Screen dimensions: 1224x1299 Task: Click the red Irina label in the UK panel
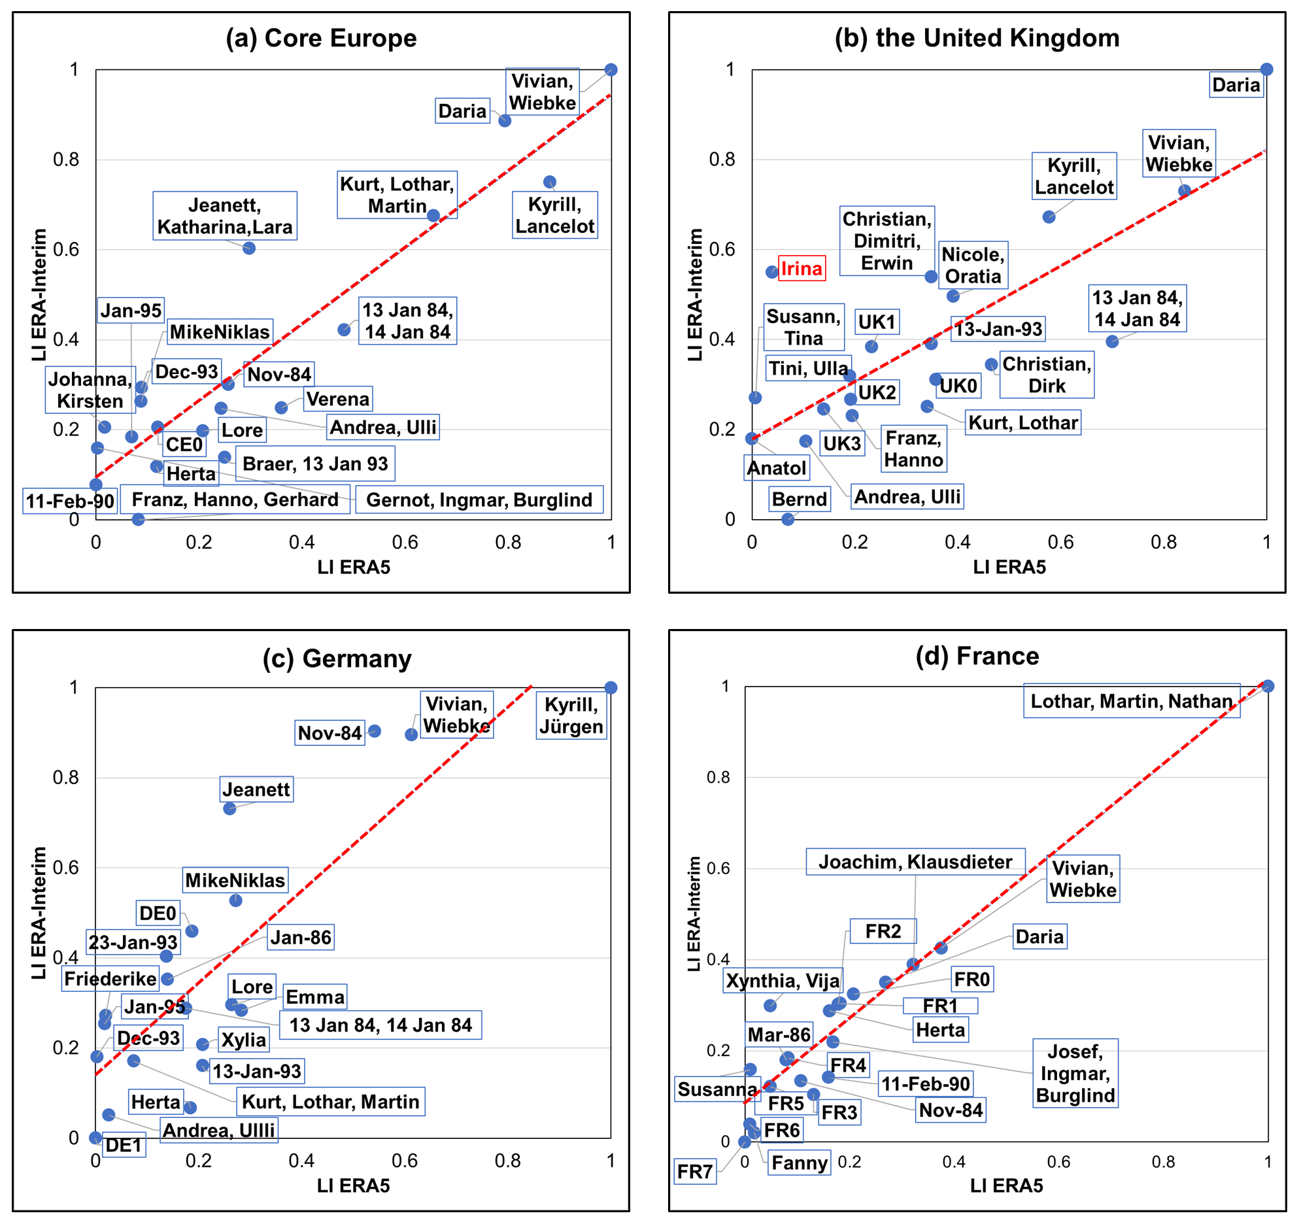click(x=801, y=269)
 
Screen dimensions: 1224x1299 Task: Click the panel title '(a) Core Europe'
click(x=321, y=38)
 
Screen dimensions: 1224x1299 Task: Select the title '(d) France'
click(x=977, y=656)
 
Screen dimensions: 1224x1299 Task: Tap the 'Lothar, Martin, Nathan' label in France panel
click(x=1131, y=701)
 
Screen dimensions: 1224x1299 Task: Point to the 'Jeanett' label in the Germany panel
click(x=256, y=789)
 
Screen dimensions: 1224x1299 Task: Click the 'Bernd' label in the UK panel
click(x=799, y=499)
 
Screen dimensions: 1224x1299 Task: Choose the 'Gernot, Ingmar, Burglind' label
click(x=479, y=500)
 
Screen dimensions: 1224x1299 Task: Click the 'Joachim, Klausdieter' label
click(x=915, y=862)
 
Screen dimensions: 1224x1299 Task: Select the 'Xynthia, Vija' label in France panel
click(x=783, y=981)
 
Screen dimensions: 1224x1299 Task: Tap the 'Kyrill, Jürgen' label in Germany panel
click(x=571, y=715)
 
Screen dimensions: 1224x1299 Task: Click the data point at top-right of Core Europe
click(x=611, y=70)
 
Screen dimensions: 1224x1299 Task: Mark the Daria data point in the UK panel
click(x=1266, y=69)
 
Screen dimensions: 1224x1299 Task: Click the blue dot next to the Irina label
click(x=772, y=272)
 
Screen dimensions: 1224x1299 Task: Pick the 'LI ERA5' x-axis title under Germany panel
click(x=353, y=1185)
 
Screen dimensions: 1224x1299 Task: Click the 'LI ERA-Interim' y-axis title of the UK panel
click(x=695, y=294)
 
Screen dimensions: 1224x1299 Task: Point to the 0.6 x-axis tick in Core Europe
click(x=405, y=542)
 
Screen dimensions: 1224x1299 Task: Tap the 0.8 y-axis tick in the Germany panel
click(x=65, y=777)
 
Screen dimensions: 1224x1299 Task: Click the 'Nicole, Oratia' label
click(x=973, y=265)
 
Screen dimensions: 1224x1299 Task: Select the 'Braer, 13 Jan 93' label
click(x=315, y=464)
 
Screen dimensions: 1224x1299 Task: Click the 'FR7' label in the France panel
click(x=695, y=1171)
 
